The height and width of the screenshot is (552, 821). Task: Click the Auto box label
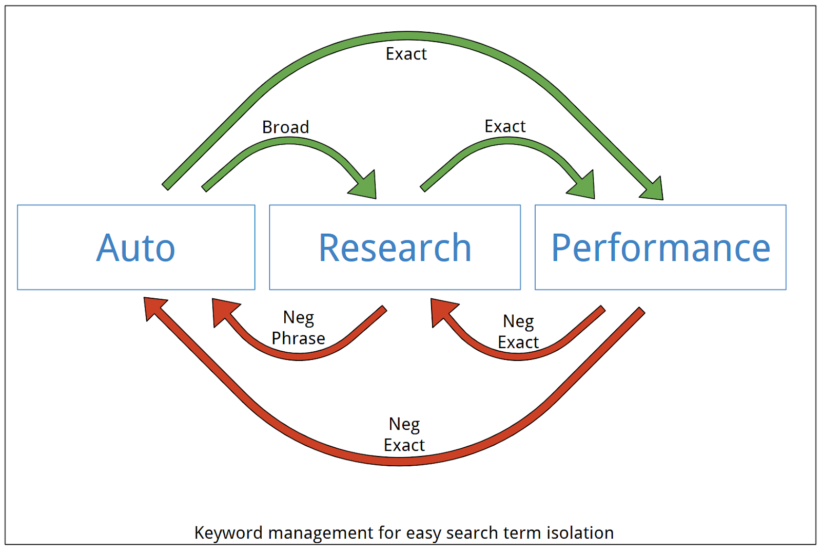[x=135, y=248]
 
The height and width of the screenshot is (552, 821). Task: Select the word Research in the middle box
[x=395, y=248]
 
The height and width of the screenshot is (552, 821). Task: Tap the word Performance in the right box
[x=660, y=248]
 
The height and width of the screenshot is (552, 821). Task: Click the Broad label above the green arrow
[x=285, y=127]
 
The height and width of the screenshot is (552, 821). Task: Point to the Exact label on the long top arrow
[x=406, y=54]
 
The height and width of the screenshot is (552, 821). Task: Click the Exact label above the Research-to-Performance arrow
[x=505, y=126]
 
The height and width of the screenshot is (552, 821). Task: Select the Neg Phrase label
[x=298, y=328]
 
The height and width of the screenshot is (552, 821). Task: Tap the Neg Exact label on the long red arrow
[x=404, y=434]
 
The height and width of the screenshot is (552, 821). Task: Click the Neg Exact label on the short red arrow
[x=518, y=332]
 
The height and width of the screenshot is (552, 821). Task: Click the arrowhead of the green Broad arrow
[x=365, y=186]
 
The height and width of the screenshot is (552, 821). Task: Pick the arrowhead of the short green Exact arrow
[x=583, y=186]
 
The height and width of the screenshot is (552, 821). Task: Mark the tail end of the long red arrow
[x=642, y=311]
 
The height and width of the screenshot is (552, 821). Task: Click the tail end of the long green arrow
[x=165, y=187]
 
